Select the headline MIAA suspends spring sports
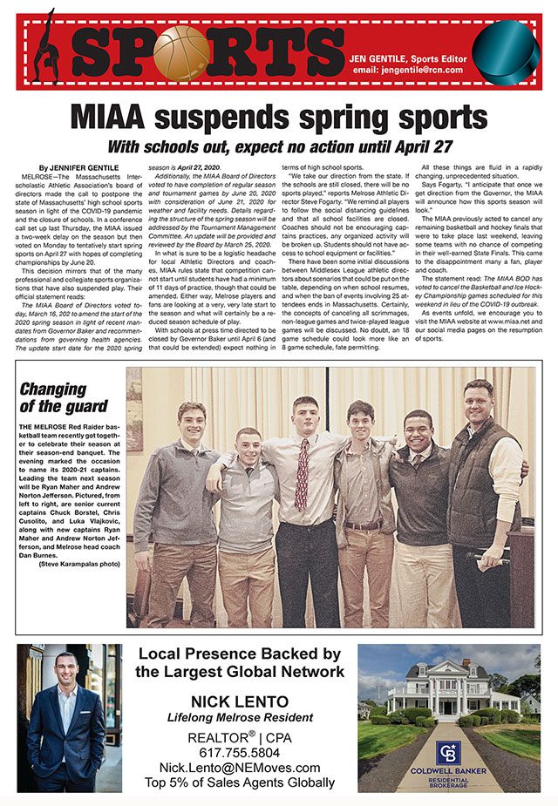[278, 116]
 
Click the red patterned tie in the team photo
[302, 474]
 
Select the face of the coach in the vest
[479, 400]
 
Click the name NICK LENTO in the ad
[240, 702]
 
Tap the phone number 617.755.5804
[240, 752]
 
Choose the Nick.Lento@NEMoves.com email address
[240, 767]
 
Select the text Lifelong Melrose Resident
[240, 718]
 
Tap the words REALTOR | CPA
[240, 736]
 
